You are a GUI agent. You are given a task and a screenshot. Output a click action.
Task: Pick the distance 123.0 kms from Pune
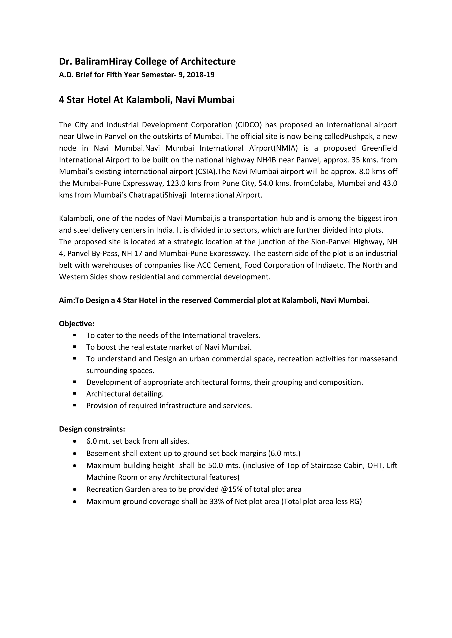182,183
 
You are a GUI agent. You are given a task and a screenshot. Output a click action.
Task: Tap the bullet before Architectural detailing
75,394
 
